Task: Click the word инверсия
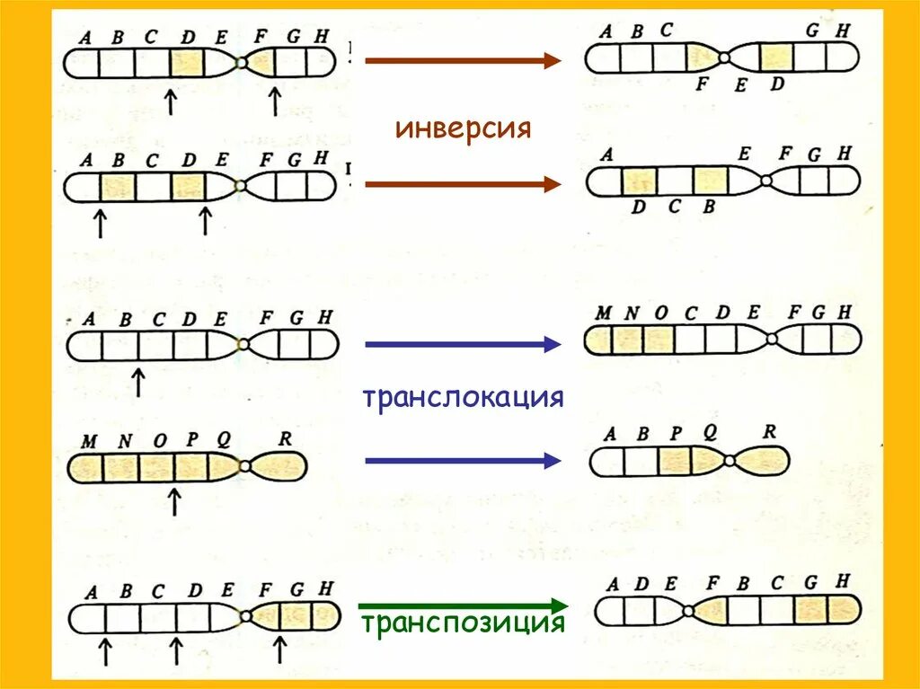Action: coord(463,128)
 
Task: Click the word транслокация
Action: coord(463,397)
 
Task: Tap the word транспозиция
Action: coord(463,623)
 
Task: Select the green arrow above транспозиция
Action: coord(463,605)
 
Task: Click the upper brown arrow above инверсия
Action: coord(463,61)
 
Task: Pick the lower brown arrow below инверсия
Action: coord(463,184)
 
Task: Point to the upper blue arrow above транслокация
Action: coord(463,344)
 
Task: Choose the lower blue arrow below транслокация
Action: coord(463,461)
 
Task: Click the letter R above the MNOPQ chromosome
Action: coord(285,439)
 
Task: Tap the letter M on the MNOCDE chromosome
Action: coord(603,314)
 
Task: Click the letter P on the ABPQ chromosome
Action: coord(676,433)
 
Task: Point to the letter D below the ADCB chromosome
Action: coord(638,208)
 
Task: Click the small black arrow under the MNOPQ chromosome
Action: coord(174,500)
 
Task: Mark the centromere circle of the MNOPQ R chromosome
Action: coord(245,467)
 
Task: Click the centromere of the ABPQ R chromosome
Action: coord(729,461)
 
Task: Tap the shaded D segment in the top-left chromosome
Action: coord(187,63)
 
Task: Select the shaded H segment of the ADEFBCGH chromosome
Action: coord(843,610)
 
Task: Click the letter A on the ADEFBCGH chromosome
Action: coord(613,585)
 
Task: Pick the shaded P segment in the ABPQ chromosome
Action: coord(675,461)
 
